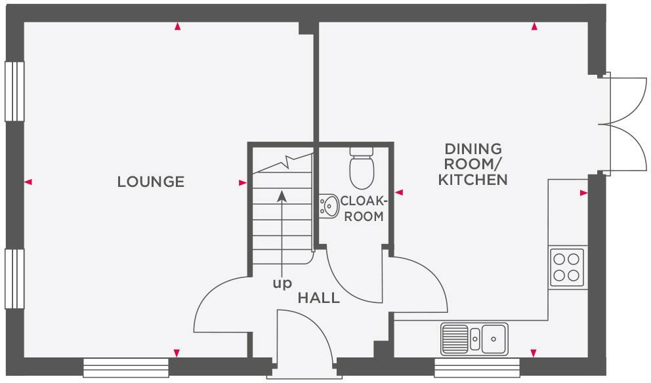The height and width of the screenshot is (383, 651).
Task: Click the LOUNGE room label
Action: point(150,182)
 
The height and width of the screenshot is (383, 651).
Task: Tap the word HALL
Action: point(319,298)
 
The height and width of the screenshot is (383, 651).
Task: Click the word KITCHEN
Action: point(472,179)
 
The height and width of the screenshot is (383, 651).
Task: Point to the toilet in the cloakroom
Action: point(362,168)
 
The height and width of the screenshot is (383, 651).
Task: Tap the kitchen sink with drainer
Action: point(474,338)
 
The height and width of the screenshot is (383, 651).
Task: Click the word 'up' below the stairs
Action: point(282,283)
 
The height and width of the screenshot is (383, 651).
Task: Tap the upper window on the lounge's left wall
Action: point(14,91)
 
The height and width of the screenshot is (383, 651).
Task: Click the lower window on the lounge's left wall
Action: point(14,278)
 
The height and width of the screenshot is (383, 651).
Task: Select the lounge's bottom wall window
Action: point(127,367)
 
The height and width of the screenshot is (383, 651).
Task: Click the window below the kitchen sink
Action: point(477,367)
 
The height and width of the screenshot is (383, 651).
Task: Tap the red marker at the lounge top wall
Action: point(177,27)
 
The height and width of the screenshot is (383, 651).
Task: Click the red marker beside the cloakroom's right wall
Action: point(398,193)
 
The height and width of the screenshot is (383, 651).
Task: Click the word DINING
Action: point(472,149)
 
